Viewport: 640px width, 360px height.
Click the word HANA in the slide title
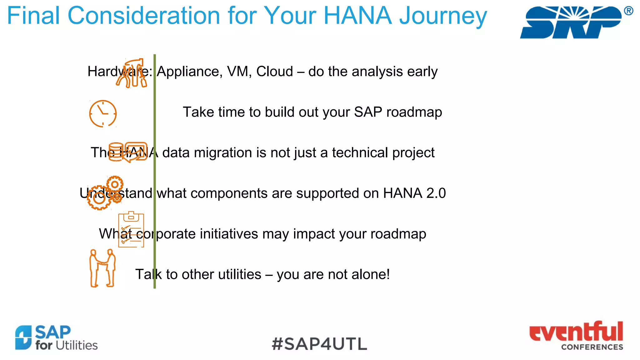pos(357,16)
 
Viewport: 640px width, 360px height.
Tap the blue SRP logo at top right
pos(571,22)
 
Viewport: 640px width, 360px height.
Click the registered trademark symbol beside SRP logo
pos(628,11)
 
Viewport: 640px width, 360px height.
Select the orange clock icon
pos(103,113)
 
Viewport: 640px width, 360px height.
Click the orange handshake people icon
pos(102,268)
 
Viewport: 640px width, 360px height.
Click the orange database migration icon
pos(128,152)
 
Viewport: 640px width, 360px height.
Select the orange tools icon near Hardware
pos(132,73)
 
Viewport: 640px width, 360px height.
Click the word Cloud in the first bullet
pos(274,72)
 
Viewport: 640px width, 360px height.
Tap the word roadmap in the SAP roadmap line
pos(414,112)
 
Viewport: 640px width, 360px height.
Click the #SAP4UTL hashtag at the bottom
pos(319,344)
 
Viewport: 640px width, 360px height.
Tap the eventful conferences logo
pos(576,336)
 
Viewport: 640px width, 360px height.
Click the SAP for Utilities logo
pos(56,338)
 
